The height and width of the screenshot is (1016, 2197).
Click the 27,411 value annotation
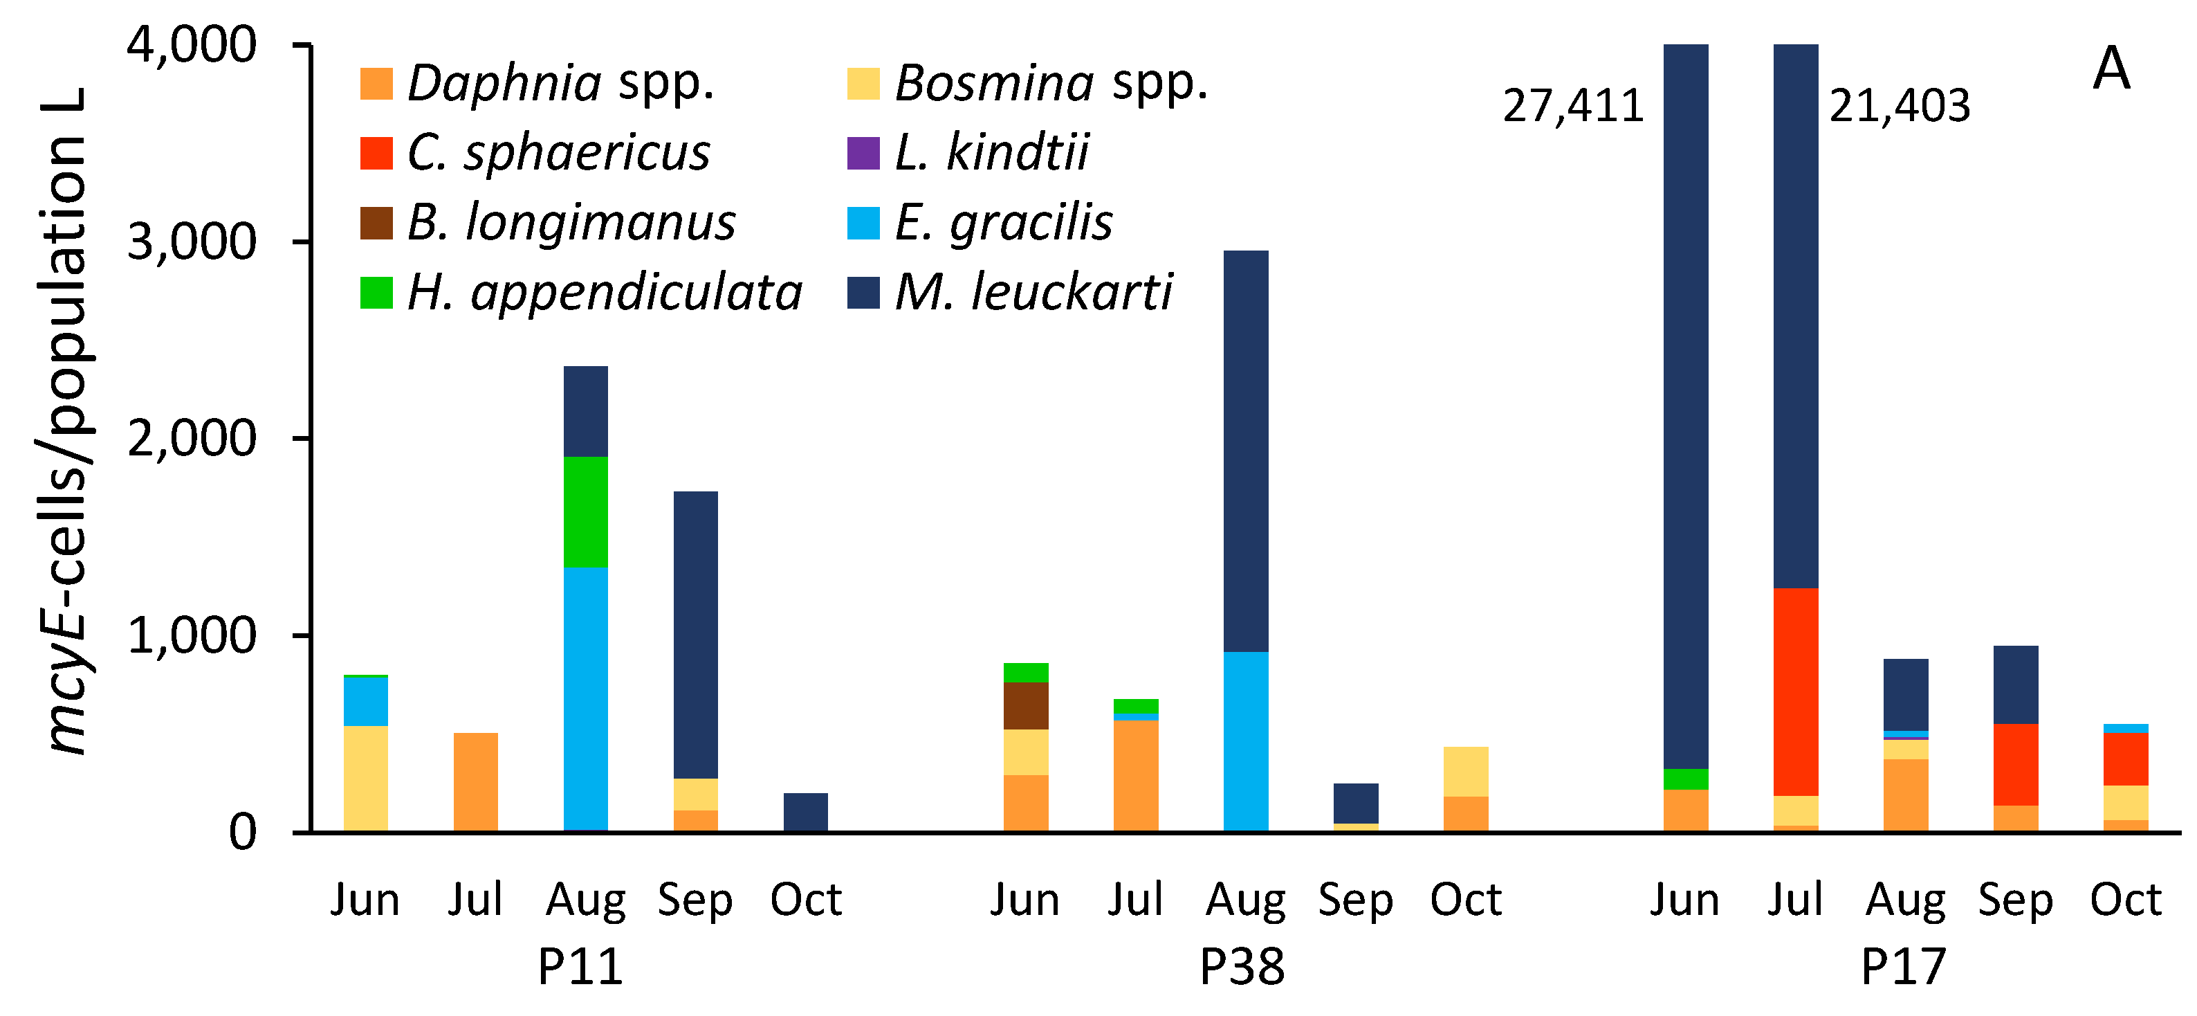click(1573, 107)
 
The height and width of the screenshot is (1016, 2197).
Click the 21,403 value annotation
click(1900, 107)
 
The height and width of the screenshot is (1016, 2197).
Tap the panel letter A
click(2111, 69)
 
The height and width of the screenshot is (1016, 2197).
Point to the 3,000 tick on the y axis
click(192, 242)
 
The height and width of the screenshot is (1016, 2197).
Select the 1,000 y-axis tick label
click(192, 635)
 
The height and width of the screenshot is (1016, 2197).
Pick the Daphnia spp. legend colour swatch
click(376, 84)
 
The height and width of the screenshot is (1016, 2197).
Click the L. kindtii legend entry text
click(992, 153)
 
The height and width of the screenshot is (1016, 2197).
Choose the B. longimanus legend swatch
click(376, 224)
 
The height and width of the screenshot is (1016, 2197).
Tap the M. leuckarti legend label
click(1033, 293)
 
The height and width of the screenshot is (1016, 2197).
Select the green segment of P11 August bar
click(586, 512)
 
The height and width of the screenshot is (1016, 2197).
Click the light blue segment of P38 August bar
click(1245, 741)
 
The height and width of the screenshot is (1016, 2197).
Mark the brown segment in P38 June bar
click(1025, 705)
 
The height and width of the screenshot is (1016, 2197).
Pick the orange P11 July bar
click(476, 781)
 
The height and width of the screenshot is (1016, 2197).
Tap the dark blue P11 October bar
click(805, 811)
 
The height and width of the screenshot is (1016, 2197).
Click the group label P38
click(1242, 968)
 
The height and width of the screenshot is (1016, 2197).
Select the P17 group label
click(1903, 968)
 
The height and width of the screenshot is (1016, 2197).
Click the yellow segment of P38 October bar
click(1465, 771)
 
